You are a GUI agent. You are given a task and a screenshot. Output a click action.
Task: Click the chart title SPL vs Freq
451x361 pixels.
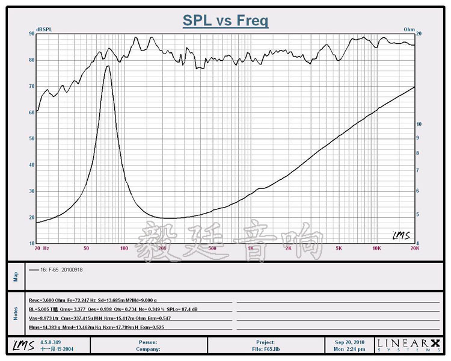tap(226, 21)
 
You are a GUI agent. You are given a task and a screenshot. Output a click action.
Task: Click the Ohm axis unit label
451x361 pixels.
tap(409, 29)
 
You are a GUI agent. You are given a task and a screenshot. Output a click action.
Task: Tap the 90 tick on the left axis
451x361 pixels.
tap(31, 34)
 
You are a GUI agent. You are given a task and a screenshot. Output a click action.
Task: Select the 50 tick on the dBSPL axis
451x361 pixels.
tap(31, 138)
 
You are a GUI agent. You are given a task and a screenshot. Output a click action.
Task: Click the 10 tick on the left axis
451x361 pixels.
tap(31, 243)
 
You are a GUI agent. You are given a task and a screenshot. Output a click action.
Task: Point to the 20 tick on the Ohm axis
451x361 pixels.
tap(419, 34)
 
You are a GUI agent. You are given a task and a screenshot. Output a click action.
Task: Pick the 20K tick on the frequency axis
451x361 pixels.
tap(414, 248)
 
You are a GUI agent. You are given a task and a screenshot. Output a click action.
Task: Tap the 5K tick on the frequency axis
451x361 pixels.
tap(339, 248)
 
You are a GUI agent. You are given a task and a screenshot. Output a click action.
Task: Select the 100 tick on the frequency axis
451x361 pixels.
tap(124, 248)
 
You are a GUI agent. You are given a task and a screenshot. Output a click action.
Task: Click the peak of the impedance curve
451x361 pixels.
tap(108, 66)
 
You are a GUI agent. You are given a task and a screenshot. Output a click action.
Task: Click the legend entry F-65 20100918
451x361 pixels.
tap(60, 270)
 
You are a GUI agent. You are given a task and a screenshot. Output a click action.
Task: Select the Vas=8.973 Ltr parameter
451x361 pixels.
tap(44, 318)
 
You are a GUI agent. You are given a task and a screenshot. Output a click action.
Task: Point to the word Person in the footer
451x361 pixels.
tap(147, 342)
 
